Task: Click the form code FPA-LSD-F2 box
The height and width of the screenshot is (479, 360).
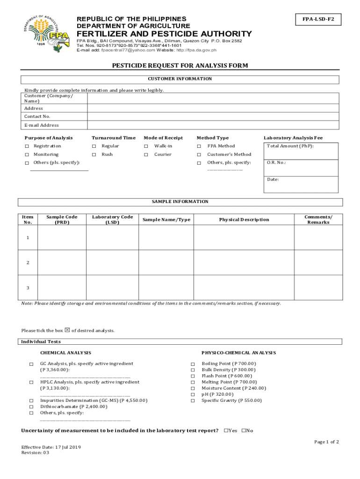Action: (x=318, y=20)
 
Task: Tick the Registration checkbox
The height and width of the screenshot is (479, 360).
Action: (x=27, y=146)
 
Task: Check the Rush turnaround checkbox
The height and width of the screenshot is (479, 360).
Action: (x=94, y=155)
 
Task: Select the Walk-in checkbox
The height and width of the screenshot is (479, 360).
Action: (x=146, y=146)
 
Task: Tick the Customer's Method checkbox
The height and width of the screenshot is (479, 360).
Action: (x=199, y=155)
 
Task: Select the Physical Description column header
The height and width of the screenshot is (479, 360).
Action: (x=244, y=220)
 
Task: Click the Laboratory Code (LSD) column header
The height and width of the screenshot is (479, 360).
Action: (x=112, y=220)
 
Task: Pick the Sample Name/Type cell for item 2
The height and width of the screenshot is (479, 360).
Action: (x=167, y=262)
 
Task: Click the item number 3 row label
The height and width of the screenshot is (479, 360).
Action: (x=28, y=287)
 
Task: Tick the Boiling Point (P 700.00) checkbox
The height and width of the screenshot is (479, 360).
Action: (x=192, y=364)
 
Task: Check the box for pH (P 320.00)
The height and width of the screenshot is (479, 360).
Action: (x=192, y=394)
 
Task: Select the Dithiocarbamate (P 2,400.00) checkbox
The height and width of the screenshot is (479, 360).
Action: (x=31, y=407)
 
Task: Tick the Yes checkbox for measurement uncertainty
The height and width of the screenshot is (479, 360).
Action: (x=226, y=431)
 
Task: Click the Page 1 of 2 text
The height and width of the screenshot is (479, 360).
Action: (x=326, y=442)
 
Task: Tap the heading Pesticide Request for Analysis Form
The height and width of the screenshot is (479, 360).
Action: (x=180, y=65)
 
